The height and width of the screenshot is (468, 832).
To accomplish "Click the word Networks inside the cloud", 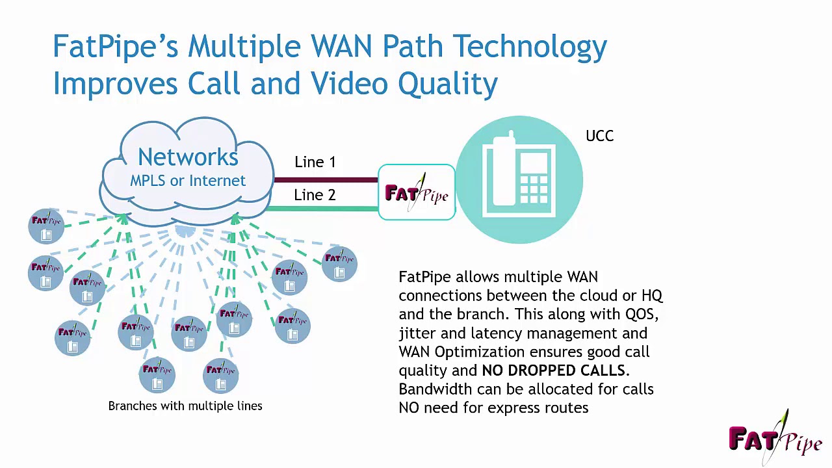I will (x=188, y=157).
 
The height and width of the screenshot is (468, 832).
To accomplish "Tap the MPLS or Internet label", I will (x=188, y=181).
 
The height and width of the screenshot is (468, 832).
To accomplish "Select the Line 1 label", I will (x=315, y=162).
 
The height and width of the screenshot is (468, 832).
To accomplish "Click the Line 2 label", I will (x=315, y=195).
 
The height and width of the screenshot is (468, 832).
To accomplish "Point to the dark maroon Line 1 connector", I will (x=325, y=179).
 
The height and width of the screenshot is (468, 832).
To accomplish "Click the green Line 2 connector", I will (x=325, y=209).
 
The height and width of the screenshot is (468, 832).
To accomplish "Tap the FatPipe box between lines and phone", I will (x=417, y=192).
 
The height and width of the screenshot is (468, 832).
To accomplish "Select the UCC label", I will (x=599, y=136).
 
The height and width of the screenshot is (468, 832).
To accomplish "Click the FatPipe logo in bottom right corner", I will (x=775, y=438).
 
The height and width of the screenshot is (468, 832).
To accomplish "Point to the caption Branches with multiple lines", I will (x=185, y=406).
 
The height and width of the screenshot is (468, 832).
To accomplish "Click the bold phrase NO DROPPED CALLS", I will (x=554, y=370).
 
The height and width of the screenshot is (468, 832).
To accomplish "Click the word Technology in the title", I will (x=530, y=47).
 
